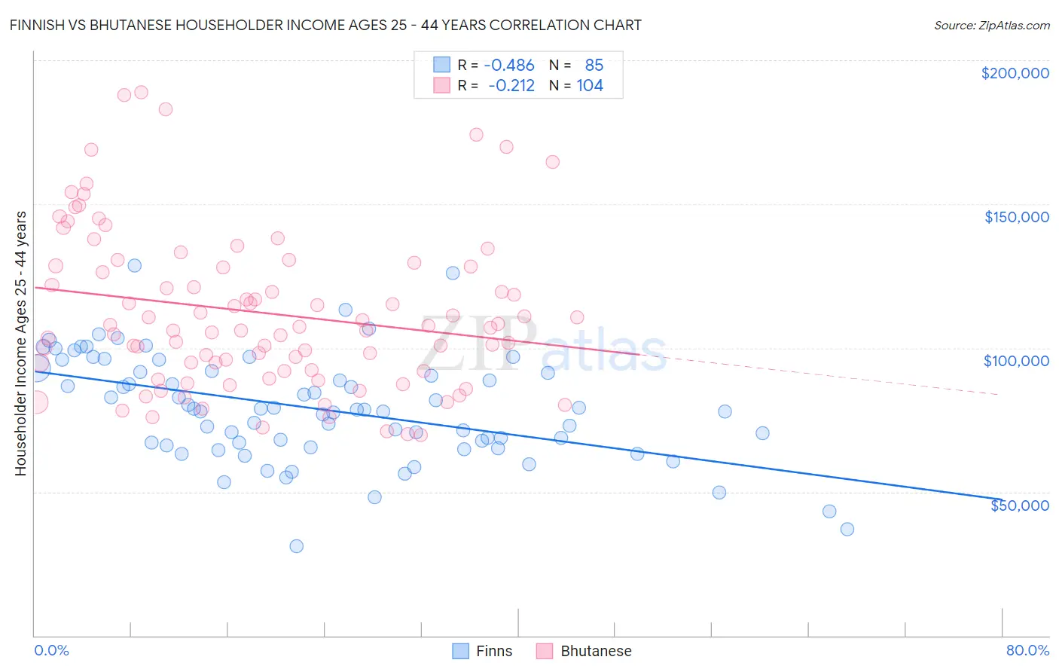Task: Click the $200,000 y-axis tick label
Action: pyautogui.click(x=1015, y=73)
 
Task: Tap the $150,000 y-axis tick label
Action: pyautogui.click(x=1016, y=217)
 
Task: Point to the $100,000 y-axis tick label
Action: pyautogui.click(x=1016, y=361)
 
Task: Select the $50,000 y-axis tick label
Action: pyautogui.click(x=1019, y=505)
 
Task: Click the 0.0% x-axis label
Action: pyautogui.click(x=51, y=650)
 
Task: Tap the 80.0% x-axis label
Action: pyautogui.click(x=1027, y=650)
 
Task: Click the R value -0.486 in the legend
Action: pyautogui.click(x=509, y=66)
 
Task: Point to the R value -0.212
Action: pyautogui.click(x=511, y=86)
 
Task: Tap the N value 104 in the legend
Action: pyautogui.click(x=590, y=86)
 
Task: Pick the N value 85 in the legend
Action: pyautogui.click(x=594, y=66)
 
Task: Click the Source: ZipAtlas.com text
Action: pyautogui.click(x=991, y=26)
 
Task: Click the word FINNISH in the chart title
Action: pyautogui.click(x=41, y=25)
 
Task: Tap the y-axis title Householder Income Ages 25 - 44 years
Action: pyautogui.click(x=21, y=344)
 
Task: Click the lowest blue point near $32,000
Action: pyautogui.click(x=297, y=546)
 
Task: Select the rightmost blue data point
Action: pyautogui.click(x=847, y=529)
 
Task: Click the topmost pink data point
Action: pyautogui.click(x=141, y=93)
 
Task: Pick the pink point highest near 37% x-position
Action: pyautogui.click(x=476, y=135)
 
